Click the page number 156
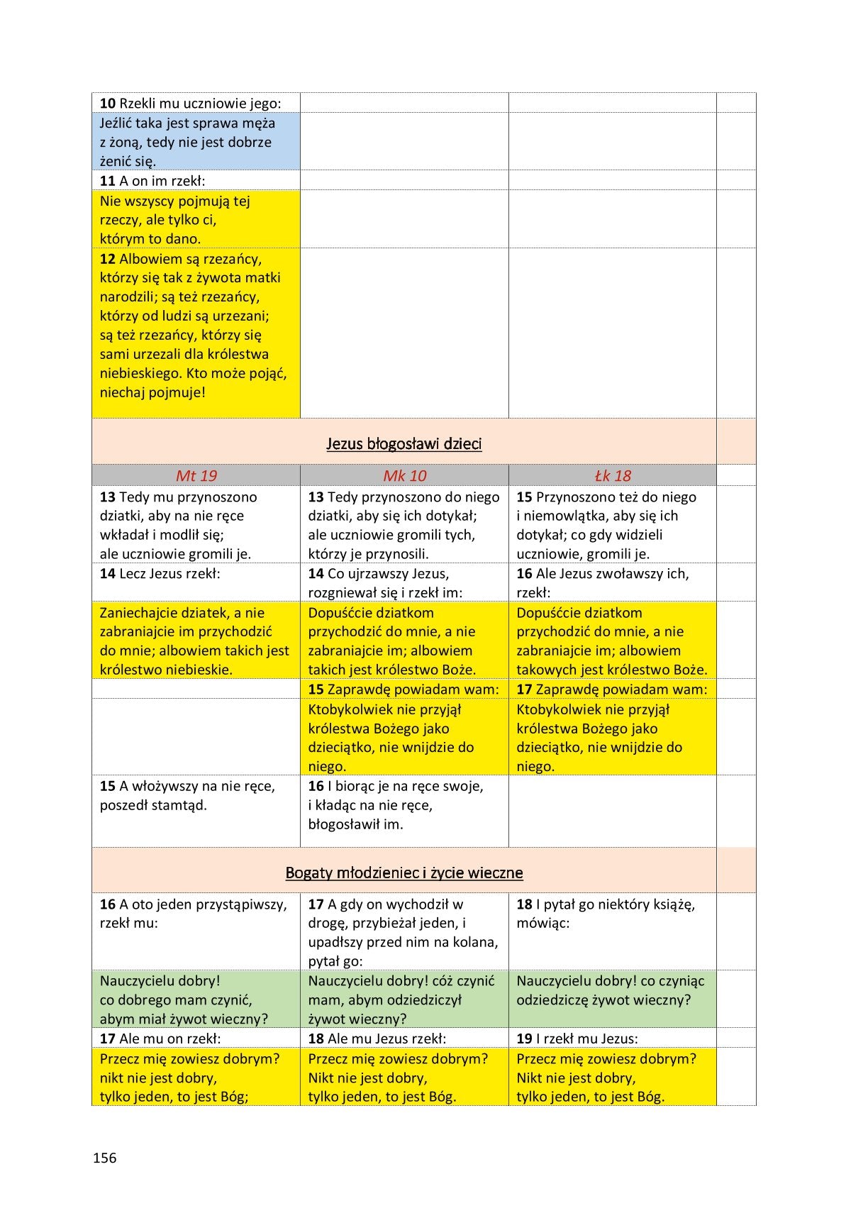click(104, 1158)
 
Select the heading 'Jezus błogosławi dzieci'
click(404, 444)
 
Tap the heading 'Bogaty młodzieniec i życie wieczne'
click(404, 873)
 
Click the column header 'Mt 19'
click(196, 475)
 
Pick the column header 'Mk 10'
click(404, 475)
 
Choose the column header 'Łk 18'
click(612, 475)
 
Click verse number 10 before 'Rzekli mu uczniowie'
click(107, 104)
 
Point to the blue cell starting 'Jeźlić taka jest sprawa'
click(195, 142)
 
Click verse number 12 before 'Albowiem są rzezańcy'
click(107, 259)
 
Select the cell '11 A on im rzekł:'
click(195, 180)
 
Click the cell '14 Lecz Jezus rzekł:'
click(195, 573)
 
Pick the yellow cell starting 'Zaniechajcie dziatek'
click(195, 641)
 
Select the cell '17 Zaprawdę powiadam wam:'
click(612, 689)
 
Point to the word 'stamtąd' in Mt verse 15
click(182, 805)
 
